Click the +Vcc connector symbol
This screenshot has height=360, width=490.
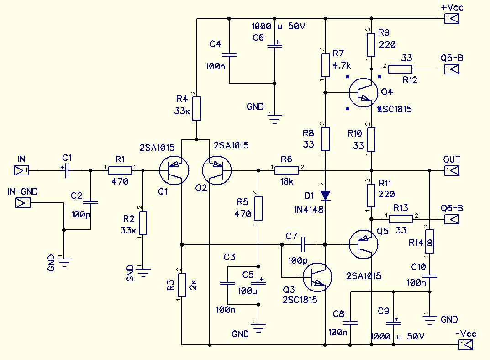(x=452, y=18)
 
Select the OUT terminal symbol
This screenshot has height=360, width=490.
(x=452, y=170)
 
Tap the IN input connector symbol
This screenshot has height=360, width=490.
(x=21, y=170)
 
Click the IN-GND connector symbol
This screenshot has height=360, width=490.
(x=23, y=203)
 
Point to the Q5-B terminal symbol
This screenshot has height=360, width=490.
(x=452, y=69)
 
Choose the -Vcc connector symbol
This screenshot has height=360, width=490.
(x=466, y=344)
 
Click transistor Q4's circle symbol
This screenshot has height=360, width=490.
(x=364, y=93)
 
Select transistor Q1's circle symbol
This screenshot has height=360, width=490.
(x=174, y=170)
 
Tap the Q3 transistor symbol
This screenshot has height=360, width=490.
(x=317, y=277)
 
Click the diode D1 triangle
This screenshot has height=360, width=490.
(x=325, y=196)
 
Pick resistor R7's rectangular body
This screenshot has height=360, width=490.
(x=325, y=65)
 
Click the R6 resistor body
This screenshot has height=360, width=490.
(x=287, y=170)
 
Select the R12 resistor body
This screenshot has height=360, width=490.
(x=400, y=69)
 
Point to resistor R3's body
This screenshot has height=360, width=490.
(x=182, y=285)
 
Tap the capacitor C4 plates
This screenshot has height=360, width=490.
(x=229, y=55)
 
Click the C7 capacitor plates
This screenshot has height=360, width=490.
(x=303, y=244)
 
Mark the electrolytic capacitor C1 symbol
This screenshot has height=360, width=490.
(x=66, y=170)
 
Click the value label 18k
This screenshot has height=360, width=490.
(x=287, y=181)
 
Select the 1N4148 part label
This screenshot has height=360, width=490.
(x=309, y=210)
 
